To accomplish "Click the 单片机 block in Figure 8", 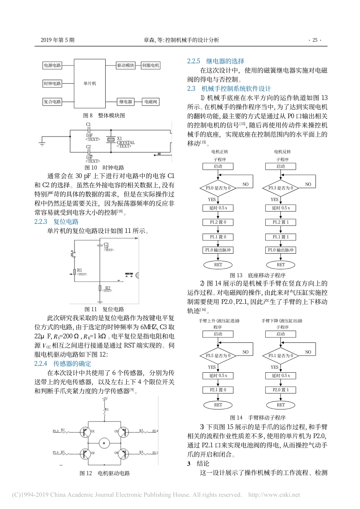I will [x=89, y=83].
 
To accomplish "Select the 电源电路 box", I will [x=52, y=66].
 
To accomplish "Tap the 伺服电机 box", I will [x=150, y=66].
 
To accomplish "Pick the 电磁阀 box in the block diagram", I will [x=150, y=101].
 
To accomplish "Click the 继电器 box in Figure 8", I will [x=125, y=101].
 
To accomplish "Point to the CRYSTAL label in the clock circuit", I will [x=125, y=143].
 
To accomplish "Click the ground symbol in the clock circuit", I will [x=42, y=143].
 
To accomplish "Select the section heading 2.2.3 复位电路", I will [x=56, y=222].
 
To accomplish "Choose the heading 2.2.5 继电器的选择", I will [x=216, y=61].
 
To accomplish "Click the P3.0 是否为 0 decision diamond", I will [x=218, y=188].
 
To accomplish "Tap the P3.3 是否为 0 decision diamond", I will [x=280, y=188].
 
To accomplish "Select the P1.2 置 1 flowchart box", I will [x=280, y=222].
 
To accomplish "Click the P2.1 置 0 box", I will [x=218, y=390].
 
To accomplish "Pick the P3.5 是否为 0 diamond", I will [x=218, y=356].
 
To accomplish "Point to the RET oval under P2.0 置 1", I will [x=280, y=405].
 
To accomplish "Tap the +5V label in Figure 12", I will [x=105, y=399].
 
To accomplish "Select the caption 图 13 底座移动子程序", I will [x=257, y=275].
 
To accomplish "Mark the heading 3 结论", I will [x=198, y=464].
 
